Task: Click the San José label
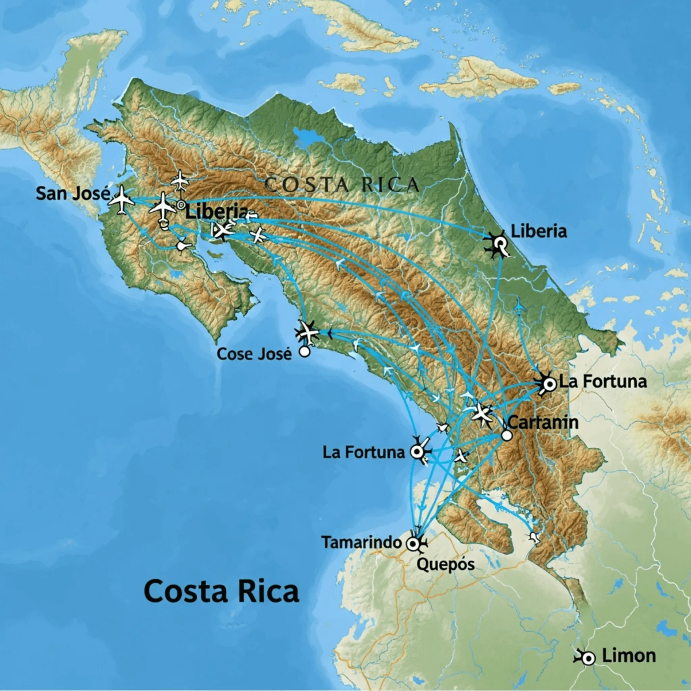73,193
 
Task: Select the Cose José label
254,354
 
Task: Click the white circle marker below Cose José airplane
305,351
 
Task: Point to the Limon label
629,656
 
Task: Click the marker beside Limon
587,658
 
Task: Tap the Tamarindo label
361,542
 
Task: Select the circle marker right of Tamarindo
413,543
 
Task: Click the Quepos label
445,564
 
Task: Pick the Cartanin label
543,422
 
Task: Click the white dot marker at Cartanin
507,435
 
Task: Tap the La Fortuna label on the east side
603,381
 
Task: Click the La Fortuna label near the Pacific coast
363,452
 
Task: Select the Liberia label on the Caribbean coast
539,231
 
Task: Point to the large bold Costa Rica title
221,591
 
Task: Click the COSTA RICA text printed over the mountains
342,185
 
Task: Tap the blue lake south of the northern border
307,138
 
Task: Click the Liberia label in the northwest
217,211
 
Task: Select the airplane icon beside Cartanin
481,413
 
